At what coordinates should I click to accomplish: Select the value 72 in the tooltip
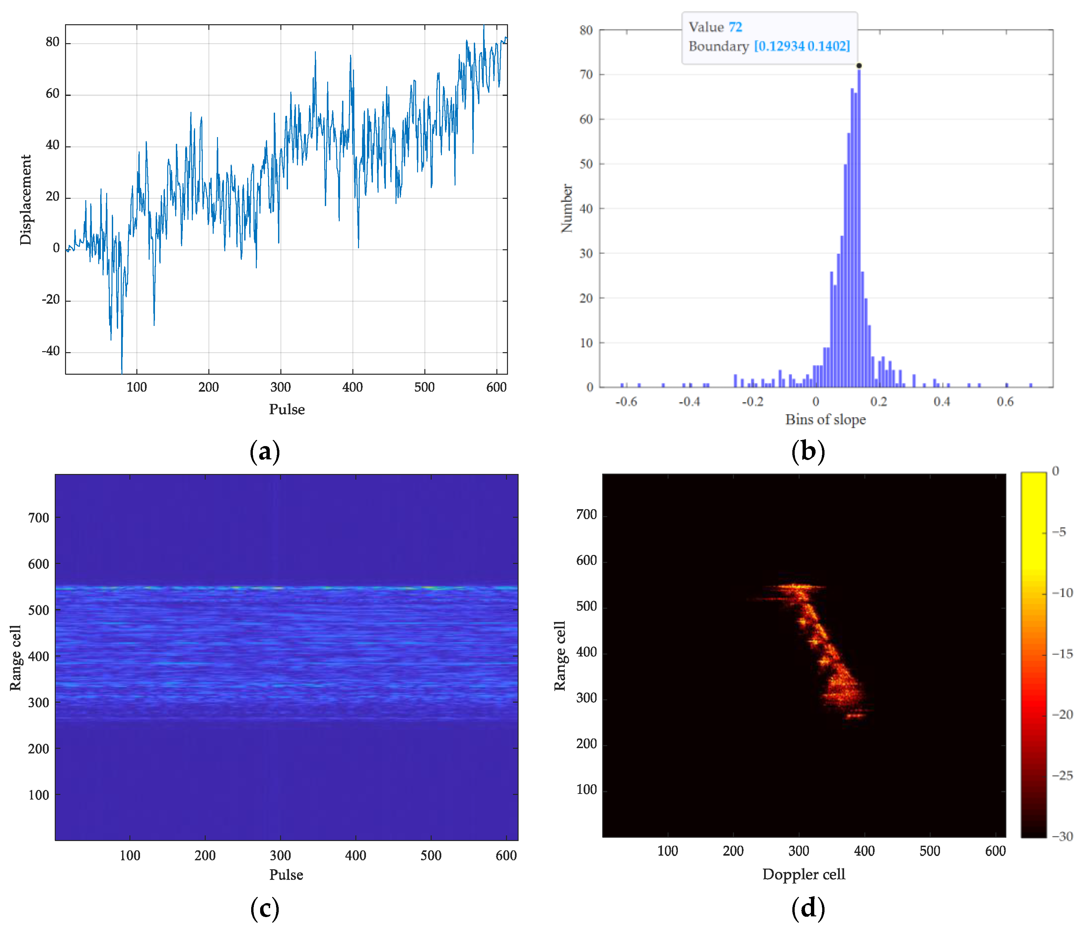tap(735, 27)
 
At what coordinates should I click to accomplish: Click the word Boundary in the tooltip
tap(718, 46)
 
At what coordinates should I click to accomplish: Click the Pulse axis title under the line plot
tap(287, 409)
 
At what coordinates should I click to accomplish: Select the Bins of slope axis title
tap(825, 420)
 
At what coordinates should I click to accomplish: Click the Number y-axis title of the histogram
tap(567, 208)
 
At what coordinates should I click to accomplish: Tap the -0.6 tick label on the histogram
tap(625, 402)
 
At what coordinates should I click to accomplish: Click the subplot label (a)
tap(265, 451)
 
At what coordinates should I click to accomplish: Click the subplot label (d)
tap(808, 908)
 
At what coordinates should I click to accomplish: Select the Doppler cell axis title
tap(803, 874)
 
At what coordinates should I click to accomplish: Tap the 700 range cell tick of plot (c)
tap(38, 518)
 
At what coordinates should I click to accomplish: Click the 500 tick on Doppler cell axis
tap(929, 851)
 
